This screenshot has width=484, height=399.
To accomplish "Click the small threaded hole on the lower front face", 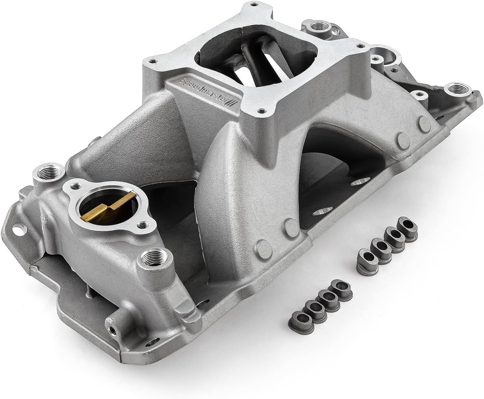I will pos(115,329).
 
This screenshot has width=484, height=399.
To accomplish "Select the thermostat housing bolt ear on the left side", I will pos(75,186).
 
